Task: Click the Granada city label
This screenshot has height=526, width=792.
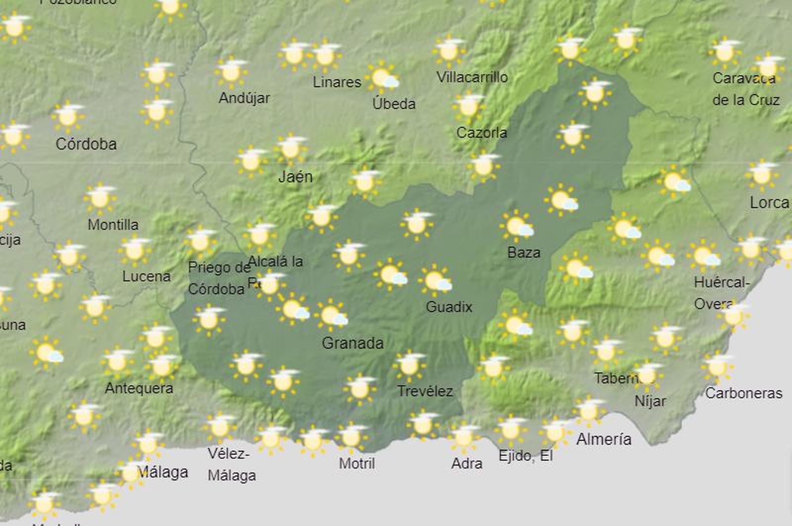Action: [352, 343]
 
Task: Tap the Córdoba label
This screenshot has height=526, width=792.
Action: [86, 144]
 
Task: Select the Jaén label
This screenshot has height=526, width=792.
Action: [296, 176]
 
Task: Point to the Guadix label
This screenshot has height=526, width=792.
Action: [449, 307]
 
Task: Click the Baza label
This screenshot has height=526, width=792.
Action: [524, 253]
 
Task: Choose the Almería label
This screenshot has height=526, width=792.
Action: [604, 439]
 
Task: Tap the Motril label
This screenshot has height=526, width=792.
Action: [357, 464]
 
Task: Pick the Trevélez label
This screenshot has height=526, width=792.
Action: [425, 391]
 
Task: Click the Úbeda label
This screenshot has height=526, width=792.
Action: [394, 104]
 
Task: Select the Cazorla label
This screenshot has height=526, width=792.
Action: [482, 133]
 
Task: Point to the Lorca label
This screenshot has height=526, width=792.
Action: [769, 203]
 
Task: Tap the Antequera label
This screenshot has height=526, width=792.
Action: [139, 388]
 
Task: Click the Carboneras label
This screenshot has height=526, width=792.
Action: [743, 393]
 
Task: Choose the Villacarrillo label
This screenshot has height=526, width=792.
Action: [472, 77]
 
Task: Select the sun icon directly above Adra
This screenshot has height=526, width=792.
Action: [464, 437]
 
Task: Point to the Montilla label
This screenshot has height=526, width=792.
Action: [113, 225]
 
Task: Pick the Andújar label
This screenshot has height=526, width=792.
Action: [244, 98]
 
